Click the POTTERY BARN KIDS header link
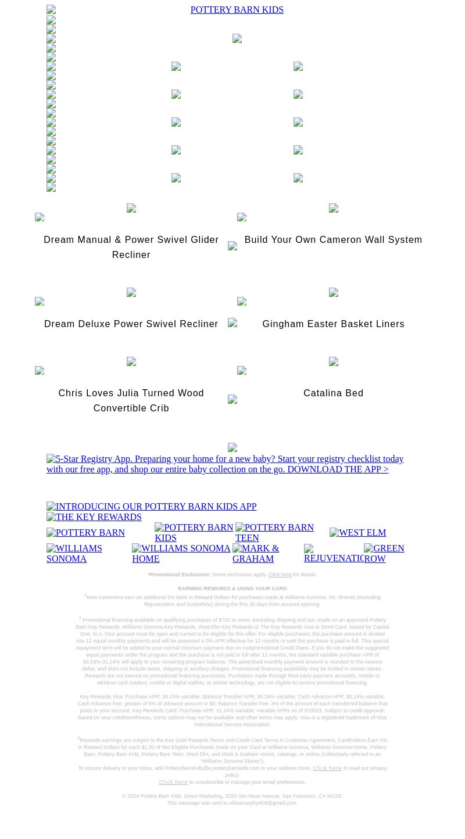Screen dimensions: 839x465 [237, 10]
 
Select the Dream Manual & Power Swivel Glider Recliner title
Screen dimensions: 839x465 [131, 247]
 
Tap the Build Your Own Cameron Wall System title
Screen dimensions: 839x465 [333, 240]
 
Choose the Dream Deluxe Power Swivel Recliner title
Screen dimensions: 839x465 [131, 324]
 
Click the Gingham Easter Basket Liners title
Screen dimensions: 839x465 [333, 324]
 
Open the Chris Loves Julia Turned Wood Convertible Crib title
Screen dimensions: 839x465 [131, 400]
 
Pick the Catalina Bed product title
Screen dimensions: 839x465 [333, 393]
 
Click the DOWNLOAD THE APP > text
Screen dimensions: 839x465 [337, 469]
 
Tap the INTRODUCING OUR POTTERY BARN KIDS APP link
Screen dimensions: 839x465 [151, 507]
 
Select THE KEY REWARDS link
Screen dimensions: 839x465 [94, 517]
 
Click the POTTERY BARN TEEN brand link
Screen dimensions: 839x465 [274, 533]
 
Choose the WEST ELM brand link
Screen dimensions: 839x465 [357, 533]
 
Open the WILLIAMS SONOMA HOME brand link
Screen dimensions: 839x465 [181, 554]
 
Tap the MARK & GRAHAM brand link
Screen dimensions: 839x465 [256, 554]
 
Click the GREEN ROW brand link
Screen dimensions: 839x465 [384, 554]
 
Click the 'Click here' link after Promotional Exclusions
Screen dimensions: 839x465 [280, 575]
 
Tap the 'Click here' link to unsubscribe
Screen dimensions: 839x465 [173, 782]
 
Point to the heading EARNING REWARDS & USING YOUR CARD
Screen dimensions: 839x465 [232, 589]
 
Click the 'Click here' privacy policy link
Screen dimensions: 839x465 [327, 768]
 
